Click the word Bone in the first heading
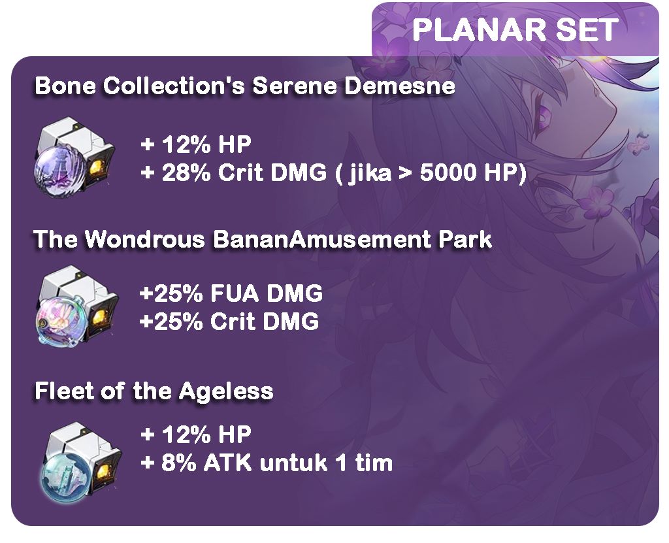[x=65, y=86]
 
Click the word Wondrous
[x=144, y=239]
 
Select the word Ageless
[x=226, y=391]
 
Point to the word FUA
[x=235, y=293]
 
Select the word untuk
[x=292, y=463]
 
